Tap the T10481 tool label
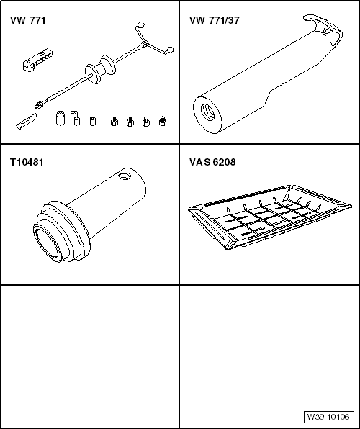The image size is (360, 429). point(27,162)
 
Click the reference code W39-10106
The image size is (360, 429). point(328,417)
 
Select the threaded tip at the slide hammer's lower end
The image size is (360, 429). point(37,106)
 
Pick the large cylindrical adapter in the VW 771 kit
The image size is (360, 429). point(59,117)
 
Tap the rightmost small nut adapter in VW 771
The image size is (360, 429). point(163,121)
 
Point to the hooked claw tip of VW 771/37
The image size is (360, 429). point(317,19)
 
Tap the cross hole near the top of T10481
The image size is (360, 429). point(127,175)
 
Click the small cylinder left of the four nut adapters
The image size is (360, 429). point(92,120)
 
